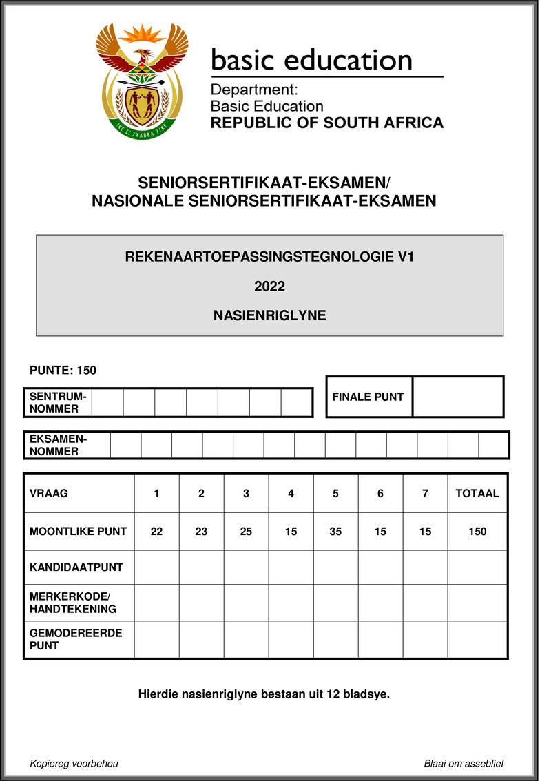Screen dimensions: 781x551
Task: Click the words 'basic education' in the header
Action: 311,60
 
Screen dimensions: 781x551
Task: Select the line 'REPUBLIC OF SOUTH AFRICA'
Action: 326,123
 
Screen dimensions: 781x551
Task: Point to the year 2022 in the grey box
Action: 269,287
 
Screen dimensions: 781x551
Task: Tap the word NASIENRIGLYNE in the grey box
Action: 269,315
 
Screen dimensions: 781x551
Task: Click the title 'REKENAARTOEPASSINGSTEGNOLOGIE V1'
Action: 269,258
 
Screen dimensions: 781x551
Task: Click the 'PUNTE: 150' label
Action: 63,371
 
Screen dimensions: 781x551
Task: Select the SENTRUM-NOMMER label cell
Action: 58,402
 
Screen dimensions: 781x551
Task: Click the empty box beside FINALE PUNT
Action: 457,397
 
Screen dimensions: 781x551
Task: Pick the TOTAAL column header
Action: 477,493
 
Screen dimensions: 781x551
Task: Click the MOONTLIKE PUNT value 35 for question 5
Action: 335,532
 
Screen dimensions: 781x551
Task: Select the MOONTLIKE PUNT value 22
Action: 156,532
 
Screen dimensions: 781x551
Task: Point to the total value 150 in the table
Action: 477,532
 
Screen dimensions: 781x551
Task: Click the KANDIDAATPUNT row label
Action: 76,567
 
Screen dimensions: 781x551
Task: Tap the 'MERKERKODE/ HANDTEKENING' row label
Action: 73,602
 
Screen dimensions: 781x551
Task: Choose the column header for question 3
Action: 246,493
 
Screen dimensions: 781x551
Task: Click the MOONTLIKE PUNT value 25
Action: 246,532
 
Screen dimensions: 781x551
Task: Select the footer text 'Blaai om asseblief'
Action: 465,764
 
